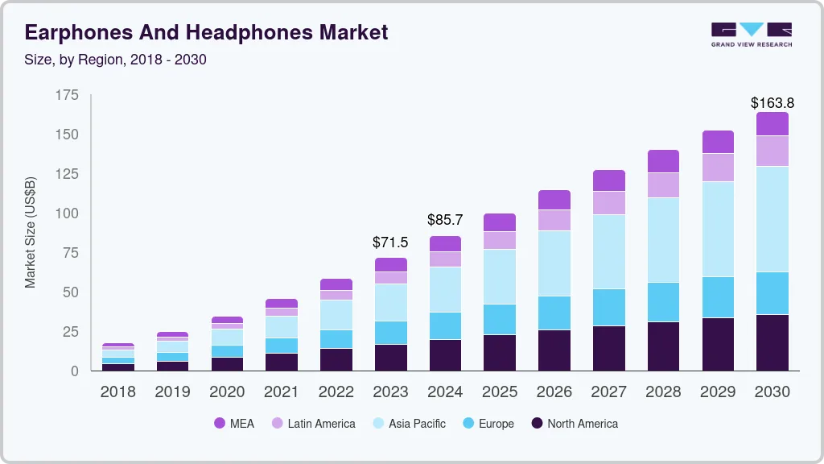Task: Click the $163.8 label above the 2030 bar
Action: tap(772, 103)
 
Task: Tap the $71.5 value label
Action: tap(389, 242)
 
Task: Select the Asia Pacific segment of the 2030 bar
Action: tap(772, 219)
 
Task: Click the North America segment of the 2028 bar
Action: tap(663, 346)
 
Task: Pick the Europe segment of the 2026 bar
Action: tap(554, 313)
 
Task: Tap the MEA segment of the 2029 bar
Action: tap(718, 142)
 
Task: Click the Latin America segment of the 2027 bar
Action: tap(609, 203)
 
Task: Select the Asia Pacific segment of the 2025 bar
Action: tap(500, 276)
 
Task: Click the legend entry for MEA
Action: tap(234, 424)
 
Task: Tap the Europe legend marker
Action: tap(468, 424)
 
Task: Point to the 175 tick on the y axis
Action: tap(68, 95)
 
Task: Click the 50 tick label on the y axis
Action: tap(71, 292)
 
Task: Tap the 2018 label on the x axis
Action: tap(117, 392)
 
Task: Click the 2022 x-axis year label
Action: tap(336, 392)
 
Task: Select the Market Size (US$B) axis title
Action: tap(31, 232)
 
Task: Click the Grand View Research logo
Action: tap(751, 34)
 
